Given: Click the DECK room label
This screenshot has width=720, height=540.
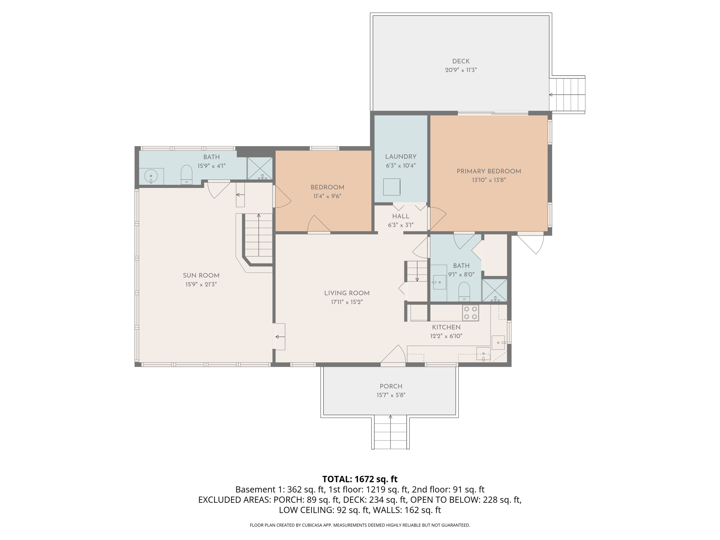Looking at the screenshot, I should pyautogui.click(x=461, y=61).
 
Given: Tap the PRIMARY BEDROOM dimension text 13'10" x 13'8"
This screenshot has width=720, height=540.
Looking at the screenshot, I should pyautogui.click(x=489, y=180).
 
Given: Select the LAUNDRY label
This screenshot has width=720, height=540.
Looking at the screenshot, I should pyautogui.click(x=400, y=157).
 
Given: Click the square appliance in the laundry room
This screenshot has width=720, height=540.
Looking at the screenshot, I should pyautogui.click(x=392, y=187).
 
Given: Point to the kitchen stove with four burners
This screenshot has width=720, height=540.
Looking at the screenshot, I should pyautogui.click(x=470, y=313).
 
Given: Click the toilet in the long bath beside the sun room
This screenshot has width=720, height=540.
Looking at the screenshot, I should pyautogui.click(x=186, y=175).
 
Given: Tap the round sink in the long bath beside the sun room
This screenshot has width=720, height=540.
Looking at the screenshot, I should pyautogui.click(x=151, y=176).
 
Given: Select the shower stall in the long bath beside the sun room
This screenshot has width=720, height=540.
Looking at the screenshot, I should pyautogui.click(x=260, y=168).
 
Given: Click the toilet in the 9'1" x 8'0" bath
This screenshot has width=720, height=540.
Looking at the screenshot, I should pyautogui.click(x=464, y=291).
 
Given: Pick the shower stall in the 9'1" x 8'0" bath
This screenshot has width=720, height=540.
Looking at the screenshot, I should pyautogui.click(x=494, y=290).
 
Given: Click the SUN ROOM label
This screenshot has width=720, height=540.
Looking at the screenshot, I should pyautogui.click(x=201, y=276).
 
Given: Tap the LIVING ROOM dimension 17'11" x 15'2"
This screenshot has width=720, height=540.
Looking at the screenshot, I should pyautogui.click(x=347, y=302).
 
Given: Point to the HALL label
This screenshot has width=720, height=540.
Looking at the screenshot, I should pyautogui.click(x=400, y=216).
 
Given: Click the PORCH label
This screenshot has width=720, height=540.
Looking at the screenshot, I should pyautogui.click(x=391, y=386).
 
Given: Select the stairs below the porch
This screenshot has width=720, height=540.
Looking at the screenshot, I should pyautogui.click(x=390, y=432).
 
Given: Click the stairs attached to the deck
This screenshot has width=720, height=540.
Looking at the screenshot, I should pyautogui.click(x=567, y=94).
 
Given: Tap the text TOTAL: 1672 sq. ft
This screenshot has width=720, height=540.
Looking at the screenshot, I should pyautogui.click(x=360, y=479).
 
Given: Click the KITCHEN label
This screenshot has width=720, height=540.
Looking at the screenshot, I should pyautogui.click(x=446, y=327).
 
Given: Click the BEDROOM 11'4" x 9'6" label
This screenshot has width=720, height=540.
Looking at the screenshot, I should pyautogui.click(x=327, y=187).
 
